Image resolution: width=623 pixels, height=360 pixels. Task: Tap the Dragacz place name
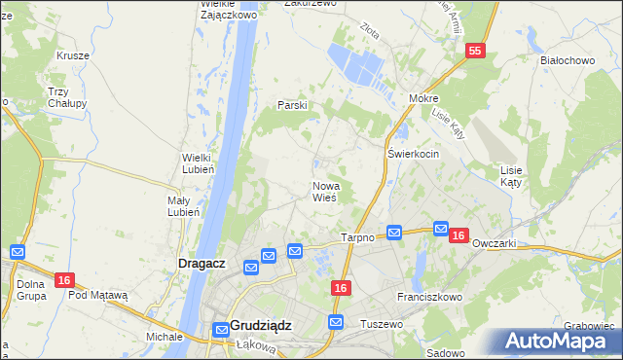tap(203, 263)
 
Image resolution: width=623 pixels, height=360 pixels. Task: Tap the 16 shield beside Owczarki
tap(460, 234)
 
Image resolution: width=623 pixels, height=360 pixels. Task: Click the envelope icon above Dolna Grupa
tap(16, 251)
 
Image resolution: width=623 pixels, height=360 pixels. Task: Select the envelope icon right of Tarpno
tap(394, 233)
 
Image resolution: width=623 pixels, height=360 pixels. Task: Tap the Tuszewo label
tap(381, 323)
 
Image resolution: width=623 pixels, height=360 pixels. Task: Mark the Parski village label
tap(293, 105)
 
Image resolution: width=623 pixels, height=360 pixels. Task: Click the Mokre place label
tap(424, 99)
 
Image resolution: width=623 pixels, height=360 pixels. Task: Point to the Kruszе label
tap(73, 55)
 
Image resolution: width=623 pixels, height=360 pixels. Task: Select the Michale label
tap(165, 336)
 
